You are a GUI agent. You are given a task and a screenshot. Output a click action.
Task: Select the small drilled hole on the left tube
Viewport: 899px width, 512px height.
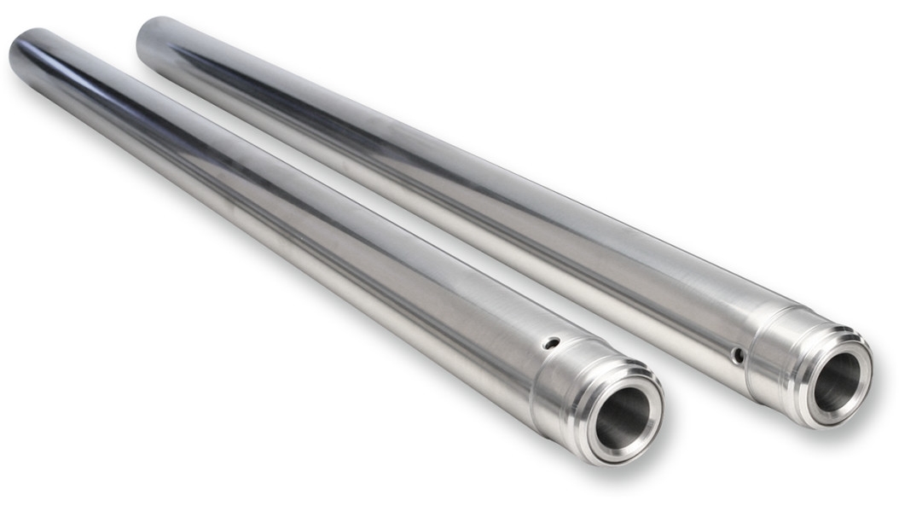[552, 343]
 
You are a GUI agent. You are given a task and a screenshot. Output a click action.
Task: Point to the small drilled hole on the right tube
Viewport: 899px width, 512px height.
[738, 354]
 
